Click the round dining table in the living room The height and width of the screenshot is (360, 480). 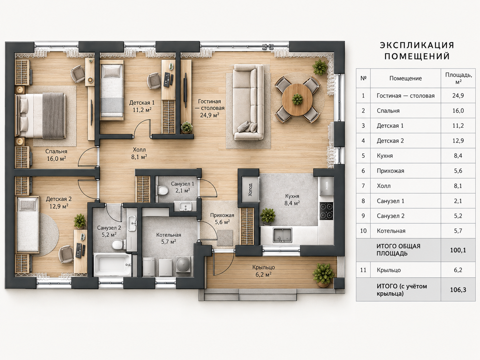[x=297, y=99]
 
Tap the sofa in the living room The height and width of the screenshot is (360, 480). [x=248, y=102]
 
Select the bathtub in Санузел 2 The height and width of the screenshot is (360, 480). [x=113, y=265]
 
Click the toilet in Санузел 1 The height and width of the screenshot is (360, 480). [x=162, y=190]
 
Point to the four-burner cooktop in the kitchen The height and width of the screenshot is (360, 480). [x=327, y=211]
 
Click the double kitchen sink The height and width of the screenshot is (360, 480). [x=282, y=235]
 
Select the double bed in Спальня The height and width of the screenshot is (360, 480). [x=40, y=115]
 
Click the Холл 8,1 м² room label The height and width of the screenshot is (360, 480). [x=139, y=153]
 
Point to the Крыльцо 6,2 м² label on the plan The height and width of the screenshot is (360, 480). [x=264, y=270]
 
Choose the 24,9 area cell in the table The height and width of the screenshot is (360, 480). [x=458, y=95]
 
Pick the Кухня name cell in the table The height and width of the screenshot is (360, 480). [x=385, y=155]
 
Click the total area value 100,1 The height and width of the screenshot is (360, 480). [x=458, y=250]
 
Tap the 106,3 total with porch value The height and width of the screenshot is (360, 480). [x=458, y=290]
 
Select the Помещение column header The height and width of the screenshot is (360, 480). [x=406, y=78]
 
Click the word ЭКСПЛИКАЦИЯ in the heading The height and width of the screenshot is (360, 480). [x=417, y=45]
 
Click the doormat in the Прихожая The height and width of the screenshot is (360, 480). [x=225, y=238]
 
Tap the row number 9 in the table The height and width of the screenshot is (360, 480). [x=363, y=216]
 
